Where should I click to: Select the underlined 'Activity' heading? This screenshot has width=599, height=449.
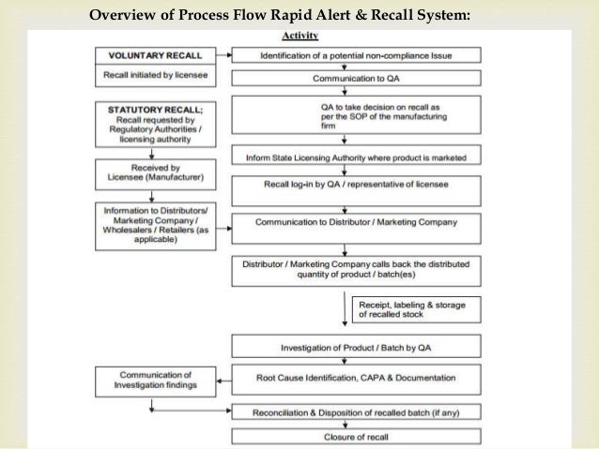pyautogui.click(x=300, y=36)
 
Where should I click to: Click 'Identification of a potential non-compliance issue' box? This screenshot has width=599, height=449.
pyautogui.click(x=356, y=56)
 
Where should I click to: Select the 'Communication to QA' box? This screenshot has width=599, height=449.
pyautogui.click(x=356, y=78)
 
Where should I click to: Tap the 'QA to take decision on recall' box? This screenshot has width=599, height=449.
pyautogui.click(x=356, y=116)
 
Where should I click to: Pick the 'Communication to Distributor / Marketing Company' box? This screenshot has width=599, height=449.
pyautogui.click(x=356, y=223)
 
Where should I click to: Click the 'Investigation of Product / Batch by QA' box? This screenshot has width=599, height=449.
pyautogui.click(x=356, y=347)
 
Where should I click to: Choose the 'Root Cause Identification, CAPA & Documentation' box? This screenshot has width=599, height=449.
pyautogui.click(x=356, y=378)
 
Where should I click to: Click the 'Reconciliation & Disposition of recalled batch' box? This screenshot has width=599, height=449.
pyautogui.click(x=356, y=412)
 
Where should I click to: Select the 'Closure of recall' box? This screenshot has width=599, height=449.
pyautogui.click(x=356, y=435)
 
